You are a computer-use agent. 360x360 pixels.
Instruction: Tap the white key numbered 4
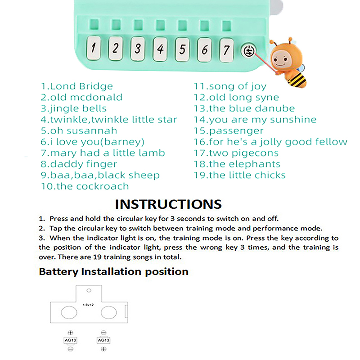[x=160, y=49]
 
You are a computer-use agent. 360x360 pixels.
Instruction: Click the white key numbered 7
[x=227, y=49]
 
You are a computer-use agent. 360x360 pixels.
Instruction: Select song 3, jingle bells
[x=74, y=108]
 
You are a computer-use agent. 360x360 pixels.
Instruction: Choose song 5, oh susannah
[x=79, y=130]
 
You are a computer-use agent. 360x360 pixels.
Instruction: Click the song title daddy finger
[x=79, y=164]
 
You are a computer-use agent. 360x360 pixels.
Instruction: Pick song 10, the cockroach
[x=85, y=186]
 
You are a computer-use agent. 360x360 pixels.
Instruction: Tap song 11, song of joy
[x=230, y=86]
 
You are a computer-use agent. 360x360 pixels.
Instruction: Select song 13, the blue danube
[x=244, y=108]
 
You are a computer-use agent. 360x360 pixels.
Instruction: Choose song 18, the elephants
[x=237, y=164]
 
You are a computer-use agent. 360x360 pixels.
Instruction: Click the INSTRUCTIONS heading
[x=168, y=204]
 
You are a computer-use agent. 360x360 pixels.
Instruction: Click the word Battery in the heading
[x=58, y=272]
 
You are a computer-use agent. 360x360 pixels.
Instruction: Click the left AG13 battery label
[x=70, y=340]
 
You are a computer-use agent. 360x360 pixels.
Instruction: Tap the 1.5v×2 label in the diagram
[x=88, y=305]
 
